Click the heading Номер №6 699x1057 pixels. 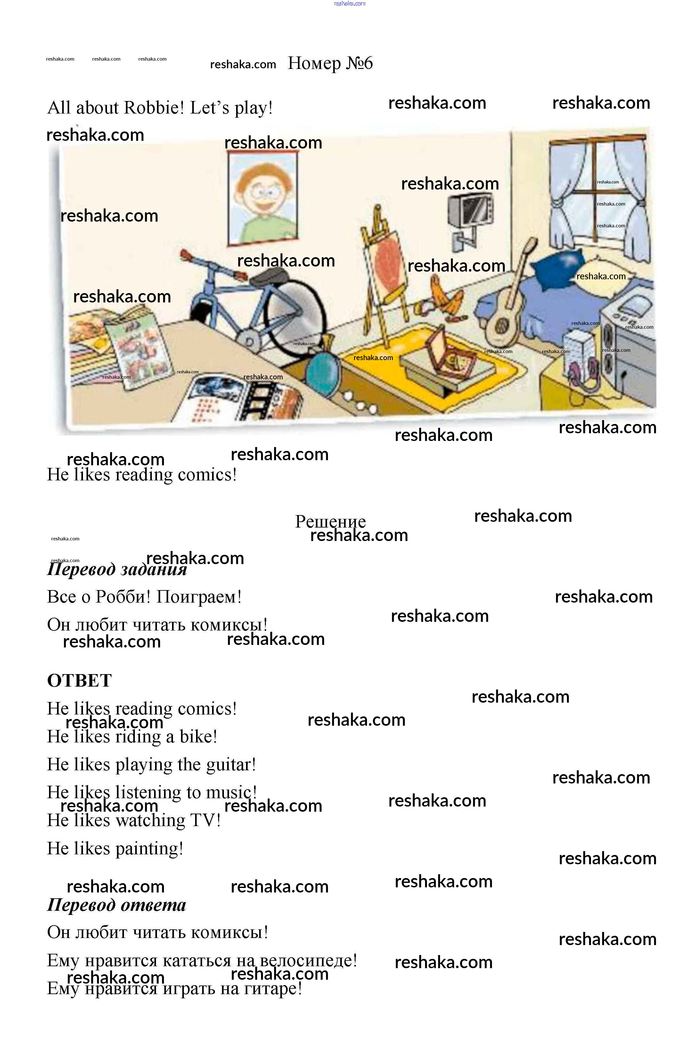tap(330, 63)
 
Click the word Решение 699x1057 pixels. tap(330, 521)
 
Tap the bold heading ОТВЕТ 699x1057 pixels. tap(79, 681)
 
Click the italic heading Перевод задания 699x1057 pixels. tap(117, 569)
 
